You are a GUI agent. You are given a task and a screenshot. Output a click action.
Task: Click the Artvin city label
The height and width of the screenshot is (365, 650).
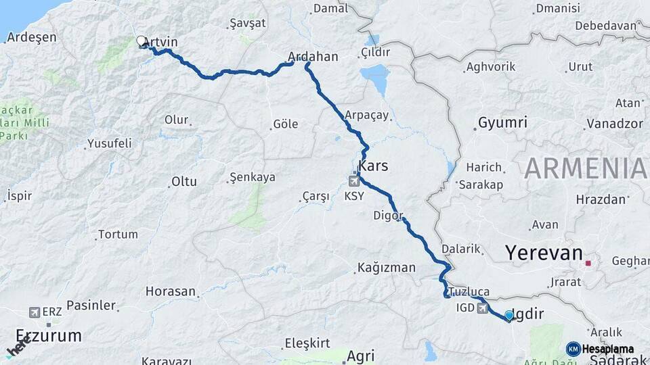161,43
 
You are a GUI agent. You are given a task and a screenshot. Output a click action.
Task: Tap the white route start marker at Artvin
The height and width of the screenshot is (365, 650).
142,41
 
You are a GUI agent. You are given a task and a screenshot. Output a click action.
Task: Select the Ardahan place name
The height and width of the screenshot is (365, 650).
313,57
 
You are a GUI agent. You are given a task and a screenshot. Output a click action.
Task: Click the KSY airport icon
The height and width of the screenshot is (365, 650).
354,180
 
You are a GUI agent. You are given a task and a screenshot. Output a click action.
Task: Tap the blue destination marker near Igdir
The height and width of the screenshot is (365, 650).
509,315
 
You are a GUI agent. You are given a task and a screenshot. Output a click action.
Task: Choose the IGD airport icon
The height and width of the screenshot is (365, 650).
482,308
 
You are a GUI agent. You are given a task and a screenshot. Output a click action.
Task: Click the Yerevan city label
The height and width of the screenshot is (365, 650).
544,253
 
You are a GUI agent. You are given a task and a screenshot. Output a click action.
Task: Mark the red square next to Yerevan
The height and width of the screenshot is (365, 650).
588,263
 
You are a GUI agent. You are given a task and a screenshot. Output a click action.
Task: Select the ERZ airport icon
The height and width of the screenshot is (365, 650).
35,312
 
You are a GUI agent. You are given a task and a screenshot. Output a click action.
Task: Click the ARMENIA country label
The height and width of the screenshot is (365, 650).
586,168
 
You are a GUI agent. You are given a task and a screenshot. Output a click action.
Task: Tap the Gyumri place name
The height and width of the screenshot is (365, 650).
502,123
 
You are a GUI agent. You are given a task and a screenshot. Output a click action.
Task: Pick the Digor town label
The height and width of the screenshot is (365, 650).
388,216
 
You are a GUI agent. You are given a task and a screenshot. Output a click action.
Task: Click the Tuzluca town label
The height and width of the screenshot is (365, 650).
467,292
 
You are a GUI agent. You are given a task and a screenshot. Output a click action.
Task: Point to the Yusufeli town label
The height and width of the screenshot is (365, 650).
109,144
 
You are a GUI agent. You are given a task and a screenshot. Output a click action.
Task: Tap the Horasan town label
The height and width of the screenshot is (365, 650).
171,292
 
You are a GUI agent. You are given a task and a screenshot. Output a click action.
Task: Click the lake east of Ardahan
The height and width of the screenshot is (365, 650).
375,72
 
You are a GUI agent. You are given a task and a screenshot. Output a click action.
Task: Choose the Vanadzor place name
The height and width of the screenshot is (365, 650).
614,124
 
